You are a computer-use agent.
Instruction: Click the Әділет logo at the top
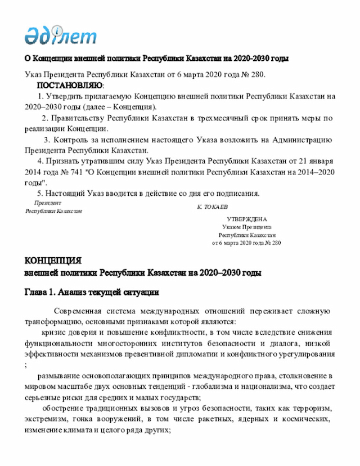60,34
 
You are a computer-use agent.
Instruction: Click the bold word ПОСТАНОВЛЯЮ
70,86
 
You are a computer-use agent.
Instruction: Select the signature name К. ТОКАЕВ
213,208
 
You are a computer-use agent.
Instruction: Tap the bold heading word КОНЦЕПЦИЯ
52,261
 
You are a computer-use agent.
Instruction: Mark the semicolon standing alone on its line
26,365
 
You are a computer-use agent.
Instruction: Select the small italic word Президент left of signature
48,203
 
